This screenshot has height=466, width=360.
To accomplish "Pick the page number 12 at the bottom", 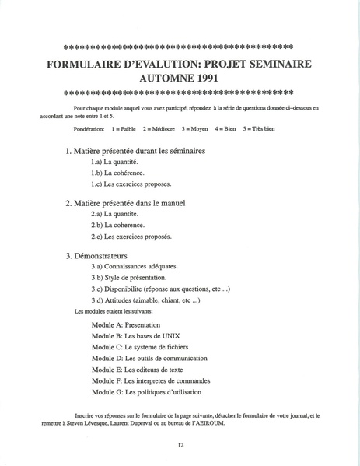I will click(x=180, y=445).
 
